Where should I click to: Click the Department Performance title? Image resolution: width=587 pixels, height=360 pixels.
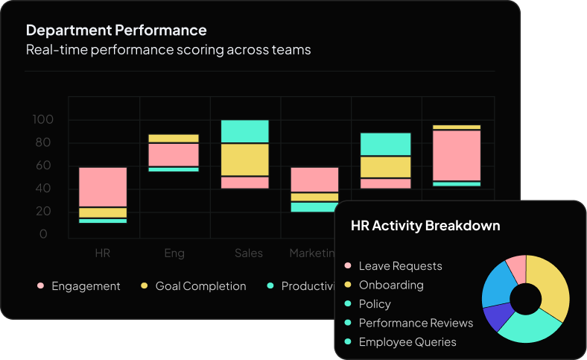pyautogui.click(x=116, y=31)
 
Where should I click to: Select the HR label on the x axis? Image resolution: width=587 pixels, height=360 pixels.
pyautogui.click(x=103, y=253)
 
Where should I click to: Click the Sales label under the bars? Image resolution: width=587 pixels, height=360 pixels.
pyautogui.click(x=248, y=253)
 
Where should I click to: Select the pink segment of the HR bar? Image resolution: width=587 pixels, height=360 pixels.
pyautogui.click(x=103, y=186)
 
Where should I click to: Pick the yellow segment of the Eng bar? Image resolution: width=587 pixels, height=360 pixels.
pyautogui.click(x=174, y=139)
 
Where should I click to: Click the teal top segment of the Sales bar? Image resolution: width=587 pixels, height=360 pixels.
pyautogui.click(x=245, y=130)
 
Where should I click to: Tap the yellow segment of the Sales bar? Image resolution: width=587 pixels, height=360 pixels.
pyautogui.click(x=245, y=159)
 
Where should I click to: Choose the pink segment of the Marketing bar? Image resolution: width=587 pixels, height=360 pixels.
pyautogui.click(x=314, y=180)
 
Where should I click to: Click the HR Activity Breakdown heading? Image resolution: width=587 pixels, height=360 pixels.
pyautogui.click(x=425, y=226)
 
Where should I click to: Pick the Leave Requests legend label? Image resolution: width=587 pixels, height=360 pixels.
pyautogui.click(x=400, y=266)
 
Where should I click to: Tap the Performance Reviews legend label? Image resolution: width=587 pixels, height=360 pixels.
pyautogui.click(x=416, y=323)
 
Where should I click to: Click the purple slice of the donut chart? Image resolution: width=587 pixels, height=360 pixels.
pyautogui.click(x=497, y=317)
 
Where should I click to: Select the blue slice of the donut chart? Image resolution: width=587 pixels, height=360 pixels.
pyautogui.click(x=497, y=284)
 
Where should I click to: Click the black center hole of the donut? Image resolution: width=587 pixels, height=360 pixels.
pyautogui.click(x=526, y=299)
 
